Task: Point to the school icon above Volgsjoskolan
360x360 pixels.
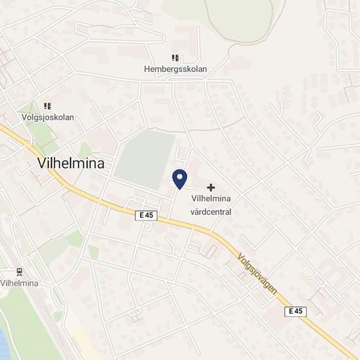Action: [x=47, y=106]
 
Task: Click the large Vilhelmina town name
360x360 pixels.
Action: [x=67, y=164]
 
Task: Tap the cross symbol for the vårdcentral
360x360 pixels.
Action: [x=211, y=187]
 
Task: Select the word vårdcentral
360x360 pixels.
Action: [x=211, y=211]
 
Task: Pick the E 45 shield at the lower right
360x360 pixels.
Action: [x=297, y=312]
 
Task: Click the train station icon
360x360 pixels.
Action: [x=20, y=272]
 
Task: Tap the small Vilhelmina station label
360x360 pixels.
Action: [x=20, y=283]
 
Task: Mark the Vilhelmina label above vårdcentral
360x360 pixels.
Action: [x=211, y=199]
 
